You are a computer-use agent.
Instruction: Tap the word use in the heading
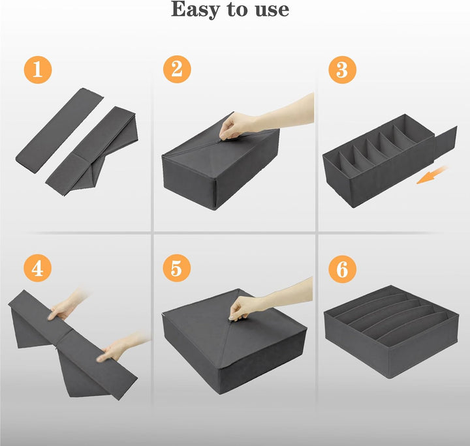click(272, 10)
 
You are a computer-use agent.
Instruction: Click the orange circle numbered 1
click(38, 70)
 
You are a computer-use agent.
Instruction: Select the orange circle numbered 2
click(177, 69)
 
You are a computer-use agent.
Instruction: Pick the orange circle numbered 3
click(342, 70)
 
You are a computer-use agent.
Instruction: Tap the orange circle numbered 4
click(37, 268)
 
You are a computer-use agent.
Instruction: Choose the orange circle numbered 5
click(176, 268)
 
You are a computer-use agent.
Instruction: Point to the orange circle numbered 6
click(342, 269)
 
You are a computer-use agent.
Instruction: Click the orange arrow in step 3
click(431, 175)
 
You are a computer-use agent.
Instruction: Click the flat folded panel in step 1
click(59, 130)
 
